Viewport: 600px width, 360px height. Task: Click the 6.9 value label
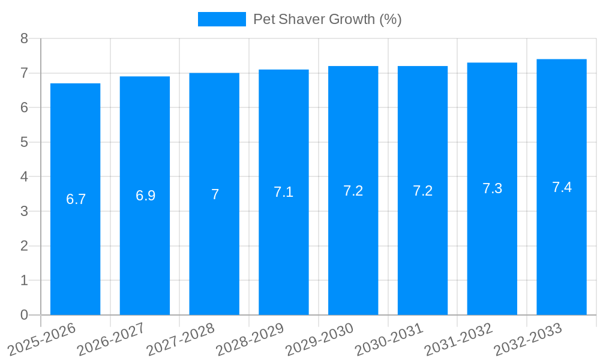click(x=145, y=196)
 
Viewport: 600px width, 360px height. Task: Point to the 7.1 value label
click(x=283, y=192)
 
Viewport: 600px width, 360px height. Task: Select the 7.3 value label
click(x=492, y=188)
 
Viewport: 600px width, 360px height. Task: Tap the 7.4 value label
click(x=562, y=187)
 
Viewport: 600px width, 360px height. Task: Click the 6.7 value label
click(x=76, y=199)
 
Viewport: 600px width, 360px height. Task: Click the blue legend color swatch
click(x=221, y=19)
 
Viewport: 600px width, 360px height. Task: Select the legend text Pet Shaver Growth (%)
click(x=327, y=19)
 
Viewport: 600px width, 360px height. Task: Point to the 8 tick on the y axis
click(x=24, y=38)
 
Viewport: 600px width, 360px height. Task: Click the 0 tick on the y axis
click(x=24, y=315)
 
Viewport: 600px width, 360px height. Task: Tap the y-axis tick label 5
click(x=24, y=142)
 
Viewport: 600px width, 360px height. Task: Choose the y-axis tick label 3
click(x=24, y=211)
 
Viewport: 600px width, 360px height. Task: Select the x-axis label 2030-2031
click(x=389, y=338)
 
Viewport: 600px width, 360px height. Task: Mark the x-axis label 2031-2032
click(x=459, y=338)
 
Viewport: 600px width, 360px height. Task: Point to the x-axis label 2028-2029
click(x=250, y=338)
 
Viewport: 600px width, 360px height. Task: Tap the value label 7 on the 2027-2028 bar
click(x=215, y=194)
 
